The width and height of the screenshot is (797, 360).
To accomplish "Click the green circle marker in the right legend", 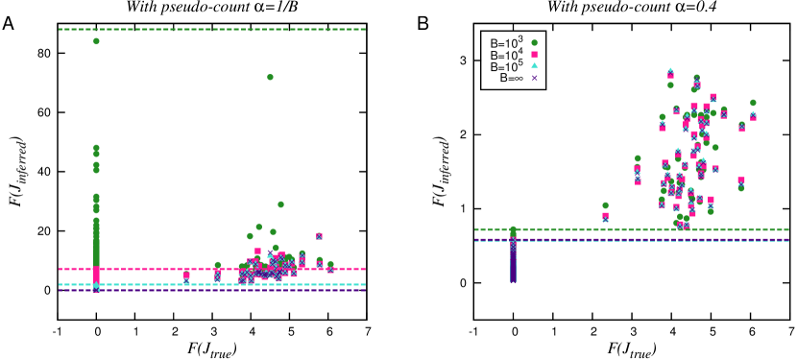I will [534, 43].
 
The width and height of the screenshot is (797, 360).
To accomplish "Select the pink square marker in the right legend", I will [534, 55].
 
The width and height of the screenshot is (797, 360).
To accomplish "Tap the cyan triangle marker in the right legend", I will [534, 66].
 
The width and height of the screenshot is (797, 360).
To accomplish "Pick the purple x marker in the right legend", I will [534, 78].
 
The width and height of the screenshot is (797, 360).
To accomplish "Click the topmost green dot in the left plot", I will [96, 41].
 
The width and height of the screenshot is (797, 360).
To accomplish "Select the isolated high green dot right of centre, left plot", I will [270, 77].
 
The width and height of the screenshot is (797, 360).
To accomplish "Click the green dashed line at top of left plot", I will [211, 29].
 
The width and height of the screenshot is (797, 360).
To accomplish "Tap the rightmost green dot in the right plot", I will [753, 103].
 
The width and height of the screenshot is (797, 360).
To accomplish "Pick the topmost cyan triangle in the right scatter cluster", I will [670, 70].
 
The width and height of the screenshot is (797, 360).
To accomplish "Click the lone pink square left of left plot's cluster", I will [186, 275].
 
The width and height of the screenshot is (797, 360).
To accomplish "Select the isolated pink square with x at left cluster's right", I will [319, 235].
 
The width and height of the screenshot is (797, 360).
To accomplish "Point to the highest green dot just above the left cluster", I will [280, 204].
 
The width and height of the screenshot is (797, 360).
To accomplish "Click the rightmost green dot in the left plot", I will [330, 264].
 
